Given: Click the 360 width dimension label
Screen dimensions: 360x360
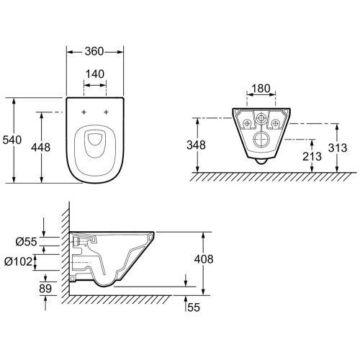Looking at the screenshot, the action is click(94, 51).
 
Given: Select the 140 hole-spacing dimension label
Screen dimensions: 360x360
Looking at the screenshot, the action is click(95, 74).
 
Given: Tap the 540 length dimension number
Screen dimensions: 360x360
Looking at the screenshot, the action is click(12, 140).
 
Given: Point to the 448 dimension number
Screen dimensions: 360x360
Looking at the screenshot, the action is click(40, 148).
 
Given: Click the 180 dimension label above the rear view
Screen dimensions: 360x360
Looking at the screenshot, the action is click(261, 89).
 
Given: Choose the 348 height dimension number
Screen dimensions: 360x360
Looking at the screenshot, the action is click(196, 145).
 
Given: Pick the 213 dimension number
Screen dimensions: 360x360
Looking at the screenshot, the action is click(312, 156).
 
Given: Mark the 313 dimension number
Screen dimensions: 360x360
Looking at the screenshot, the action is click(338, 148).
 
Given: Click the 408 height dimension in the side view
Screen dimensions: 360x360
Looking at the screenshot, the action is click(204, 259).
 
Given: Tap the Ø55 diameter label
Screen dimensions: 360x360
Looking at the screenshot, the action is click(27, 242).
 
